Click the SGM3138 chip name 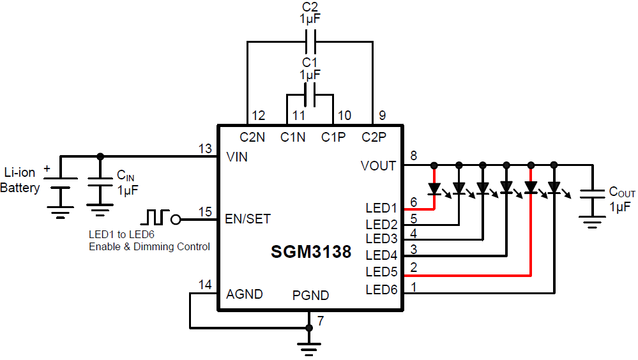[311, 251]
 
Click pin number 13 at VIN [205, 148]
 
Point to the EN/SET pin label [248, 218]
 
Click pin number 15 [205, 211]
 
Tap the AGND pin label [245, 294]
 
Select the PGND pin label [311, 296]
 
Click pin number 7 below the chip [321, 321]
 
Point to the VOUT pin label [378, 165]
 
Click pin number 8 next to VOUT [413, 156]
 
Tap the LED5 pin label [381, 272]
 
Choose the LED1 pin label [381, 208]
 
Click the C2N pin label [252, 137]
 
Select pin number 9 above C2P [382, 116]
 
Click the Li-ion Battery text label [20, 181]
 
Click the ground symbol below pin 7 [310, 348]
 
